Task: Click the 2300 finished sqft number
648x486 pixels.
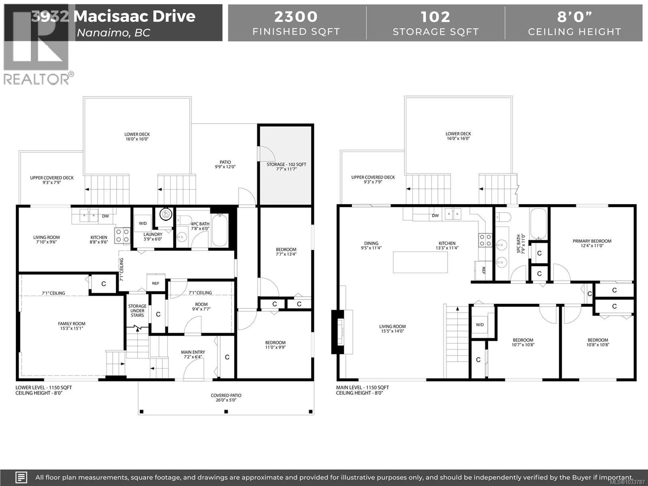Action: click(x=296, y=17)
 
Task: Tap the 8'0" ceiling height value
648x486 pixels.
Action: click(x=574, y=17)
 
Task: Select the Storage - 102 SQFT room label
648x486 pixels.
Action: click(x=286, y=166)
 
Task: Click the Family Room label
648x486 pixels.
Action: click(x=72, y=326)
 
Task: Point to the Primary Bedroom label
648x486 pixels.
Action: click(x=592, y=243)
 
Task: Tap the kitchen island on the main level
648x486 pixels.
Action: click(x=420, y=262)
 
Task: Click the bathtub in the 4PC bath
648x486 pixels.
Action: click(x=220, y=230)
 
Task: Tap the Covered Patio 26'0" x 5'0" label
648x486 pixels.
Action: click(x=226, y=398)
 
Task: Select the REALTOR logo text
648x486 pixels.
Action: click(x=37, y=79)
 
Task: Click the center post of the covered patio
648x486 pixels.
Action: click(x=226, y=412)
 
